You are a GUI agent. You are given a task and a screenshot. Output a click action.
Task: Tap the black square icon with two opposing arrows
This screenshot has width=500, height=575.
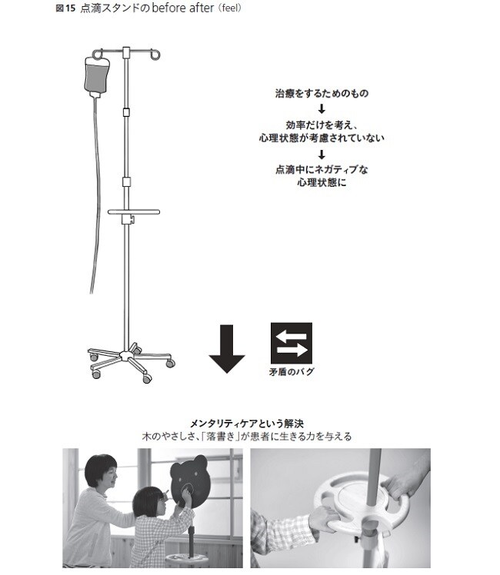(291, 343)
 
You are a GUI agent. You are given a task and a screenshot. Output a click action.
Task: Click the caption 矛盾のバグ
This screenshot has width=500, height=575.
(291, 373)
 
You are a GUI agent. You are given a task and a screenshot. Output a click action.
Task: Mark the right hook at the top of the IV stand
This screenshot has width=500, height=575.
(157, 55)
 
